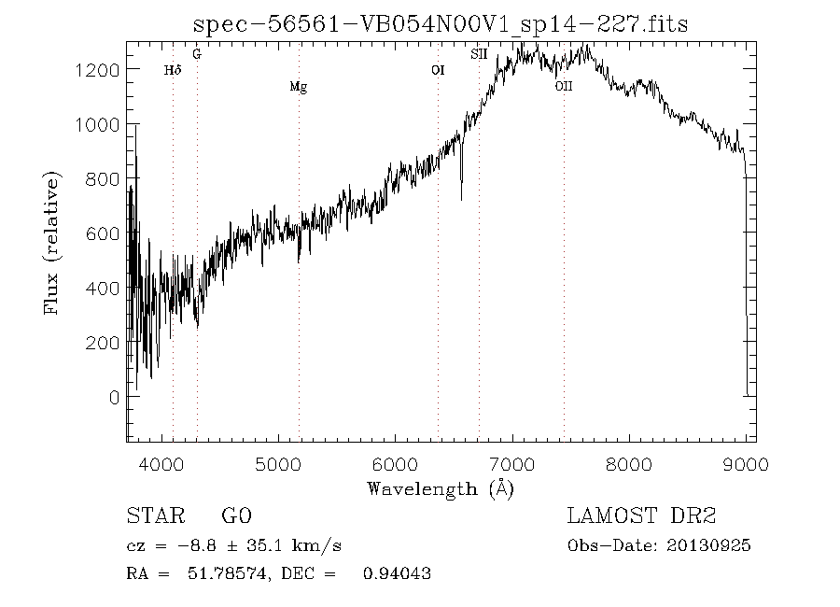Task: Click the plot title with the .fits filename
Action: [x=440, y=24]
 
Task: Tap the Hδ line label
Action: [x=172, y=70]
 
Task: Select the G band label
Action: [x=196, y=55]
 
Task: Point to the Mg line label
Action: [x=298, y=88]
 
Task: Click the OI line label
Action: [x=438, y=70]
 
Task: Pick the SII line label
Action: [x=479, y=55]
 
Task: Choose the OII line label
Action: [x=563, y=87]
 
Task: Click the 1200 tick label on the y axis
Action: [x=98, y=70]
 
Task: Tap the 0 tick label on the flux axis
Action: [x=114, y=397]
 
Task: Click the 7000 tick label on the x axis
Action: [x=512, y=464]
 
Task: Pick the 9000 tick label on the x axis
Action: [x=745, y=464]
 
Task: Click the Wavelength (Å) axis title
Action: [x=441, y=488]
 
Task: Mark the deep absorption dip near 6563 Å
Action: [x=461, y=191]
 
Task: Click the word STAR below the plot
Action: [x=150, y=516]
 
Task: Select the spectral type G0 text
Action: [x=236, y=516]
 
